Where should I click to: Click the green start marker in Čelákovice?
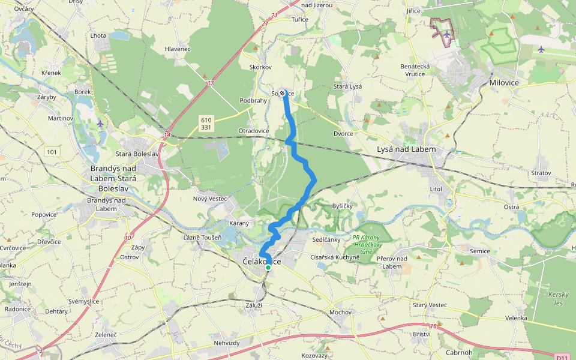click(x=268, y=268)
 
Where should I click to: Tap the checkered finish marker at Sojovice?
click(x=282, y=93)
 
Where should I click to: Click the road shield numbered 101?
click(x=52, y=152)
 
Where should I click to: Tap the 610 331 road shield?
click(x=206, y=124)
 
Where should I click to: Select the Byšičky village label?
click(x=343, y=206)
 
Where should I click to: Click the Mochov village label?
click(x=340, y=313)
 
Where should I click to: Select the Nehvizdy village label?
click(x=227, y=343)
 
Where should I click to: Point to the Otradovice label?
click(x=254, y=131)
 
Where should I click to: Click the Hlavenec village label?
click(x=177, y=49)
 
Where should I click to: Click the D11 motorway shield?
click(x=562, y=358)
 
